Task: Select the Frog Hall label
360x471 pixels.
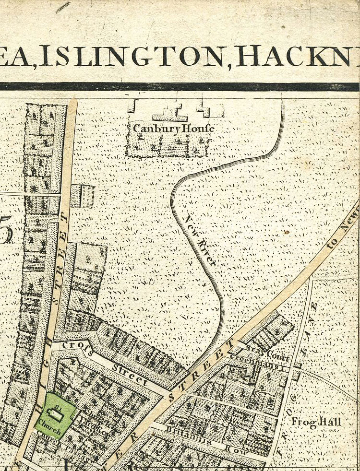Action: pyautogui.click(x=317, y=422)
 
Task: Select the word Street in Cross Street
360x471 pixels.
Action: pyautogui.click(x=131, y=374)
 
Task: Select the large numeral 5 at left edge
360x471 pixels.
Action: pyautogui.click(x=6, y=234)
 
